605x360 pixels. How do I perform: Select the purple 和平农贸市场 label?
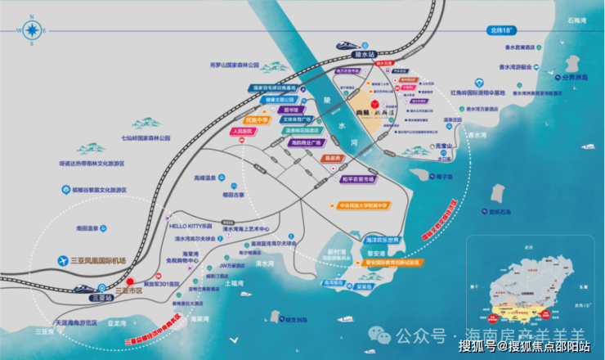coord(358,178)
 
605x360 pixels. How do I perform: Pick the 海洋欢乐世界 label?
coord(383,241)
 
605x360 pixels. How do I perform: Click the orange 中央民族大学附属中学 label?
coord(371,205)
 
